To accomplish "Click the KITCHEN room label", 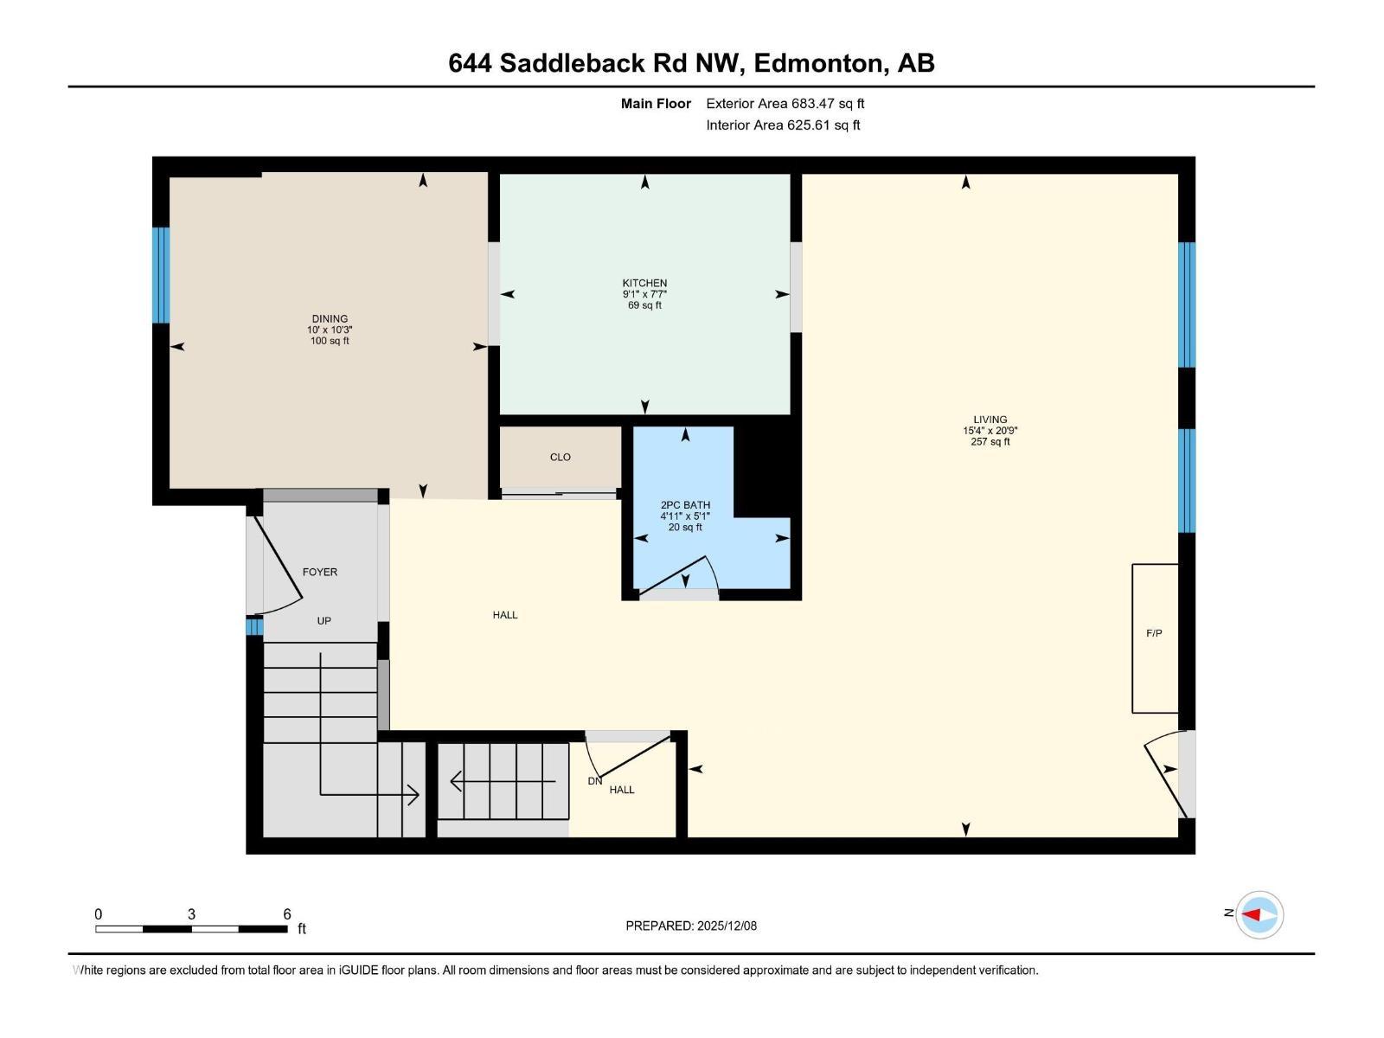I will point(644,283).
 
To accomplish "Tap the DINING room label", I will point(330,318).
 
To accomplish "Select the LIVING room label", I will point(990,420).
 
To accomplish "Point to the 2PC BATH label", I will point(685,505).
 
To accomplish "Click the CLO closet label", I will point(561,457).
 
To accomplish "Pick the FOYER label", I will point(320,572).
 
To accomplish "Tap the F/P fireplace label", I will point(1154,633).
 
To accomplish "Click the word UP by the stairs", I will point(324,620).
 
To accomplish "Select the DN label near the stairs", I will point(594,781).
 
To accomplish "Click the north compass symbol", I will point(1259,914).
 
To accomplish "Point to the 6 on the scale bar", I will point(287,913).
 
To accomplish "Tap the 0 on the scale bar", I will point(99,913).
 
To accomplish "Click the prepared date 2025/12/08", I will point(725,926).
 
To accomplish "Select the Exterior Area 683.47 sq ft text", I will point(785,103).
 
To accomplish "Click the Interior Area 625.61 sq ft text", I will point(783,125).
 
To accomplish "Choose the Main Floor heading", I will point(656,103).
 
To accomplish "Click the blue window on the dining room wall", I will point(161,275).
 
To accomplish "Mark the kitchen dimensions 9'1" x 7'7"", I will point(644,294).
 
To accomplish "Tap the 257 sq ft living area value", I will point(990,442).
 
